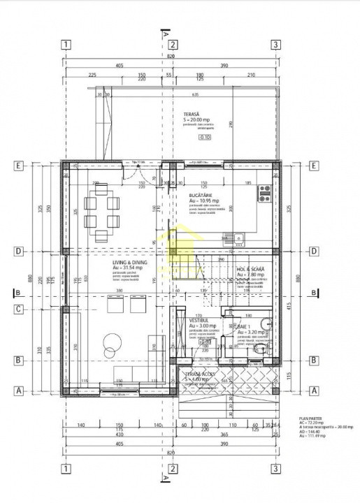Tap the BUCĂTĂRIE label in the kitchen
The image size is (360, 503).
(x=201, y=196)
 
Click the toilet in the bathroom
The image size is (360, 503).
(x=259, y=349)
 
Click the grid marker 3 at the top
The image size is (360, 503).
(x=277, y=45)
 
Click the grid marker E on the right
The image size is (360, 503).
(x=314, y=166)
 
